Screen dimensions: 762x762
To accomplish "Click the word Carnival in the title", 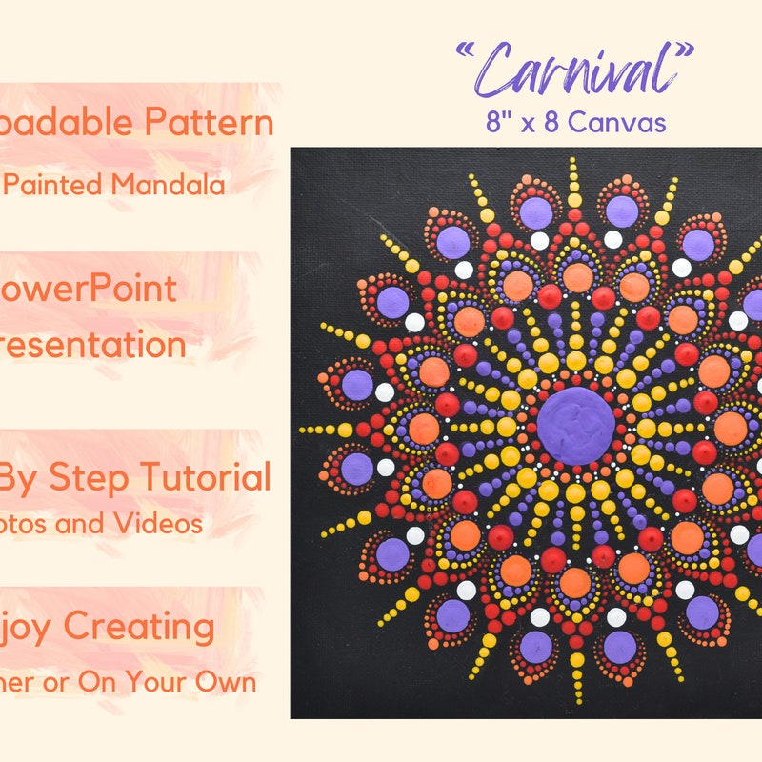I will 575,69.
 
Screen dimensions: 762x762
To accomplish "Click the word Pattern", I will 210,122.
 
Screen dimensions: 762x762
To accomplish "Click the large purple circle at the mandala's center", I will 574,425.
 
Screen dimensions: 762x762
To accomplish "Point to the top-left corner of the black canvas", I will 292,150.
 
